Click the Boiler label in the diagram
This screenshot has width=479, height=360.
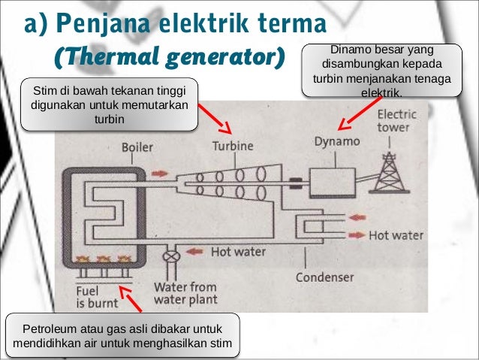pos(137,147)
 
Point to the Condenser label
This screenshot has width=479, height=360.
pos(324,277)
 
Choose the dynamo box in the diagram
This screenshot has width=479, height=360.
pos(325,182)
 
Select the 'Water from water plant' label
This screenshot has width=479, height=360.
pos(185,293)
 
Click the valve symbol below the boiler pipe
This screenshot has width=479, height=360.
pos(173,256)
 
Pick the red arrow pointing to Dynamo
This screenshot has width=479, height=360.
pos(354,115)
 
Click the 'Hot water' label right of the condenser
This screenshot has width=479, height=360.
pos(396,235)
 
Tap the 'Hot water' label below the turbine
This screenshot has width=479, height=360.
pos(237,252)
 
